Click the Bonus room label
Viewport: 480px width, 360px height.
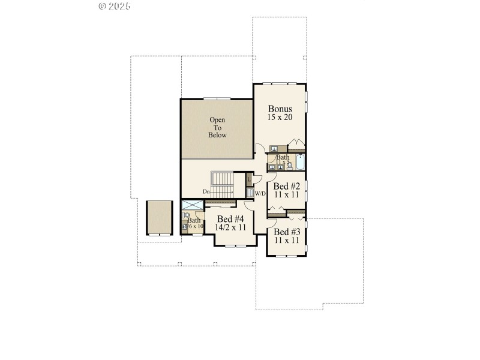280,109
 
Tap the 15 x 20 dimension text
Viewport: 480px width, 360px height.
280,117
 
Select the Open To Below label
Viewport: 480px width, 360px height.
217,127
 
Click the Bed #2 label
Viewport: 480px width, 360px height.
286,186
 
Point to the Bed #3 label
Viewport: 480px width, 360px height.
286,232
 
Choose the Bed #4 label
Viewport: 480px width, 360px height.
230,219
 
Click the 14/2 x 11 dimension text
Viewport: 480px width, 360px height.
230,227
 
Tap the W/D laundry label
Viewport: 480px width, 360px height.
260,194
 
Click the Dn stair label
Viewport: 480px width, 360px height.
206,191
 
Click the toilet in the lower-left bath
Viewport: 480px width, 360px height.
186,215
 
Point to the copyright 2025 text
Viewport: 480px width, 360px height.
114,7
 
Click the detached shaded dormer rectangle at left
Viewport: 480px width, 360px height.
159,217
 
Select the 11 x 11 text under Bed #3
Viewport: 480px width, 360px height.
286,240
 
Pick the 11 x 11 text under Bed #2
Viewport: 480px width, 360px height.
286,194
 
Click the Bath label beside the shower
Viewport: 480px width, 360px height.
194,220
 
